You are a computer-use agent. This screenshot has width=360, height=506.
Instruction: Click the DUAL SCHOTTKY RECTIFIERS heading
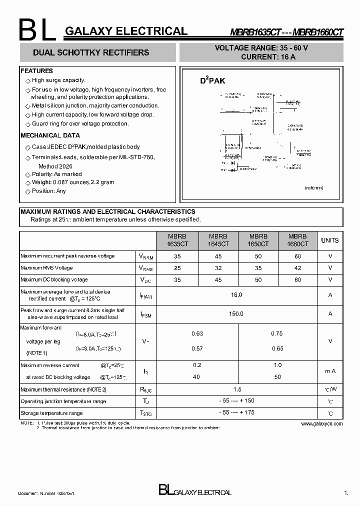[x=91, y=52]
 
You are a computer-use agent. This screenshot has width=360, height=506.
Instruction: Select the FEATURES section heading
[x=37, y=71]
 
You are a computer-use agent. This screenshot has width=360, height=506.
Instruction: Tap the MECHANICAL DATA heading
[x=50, y=135]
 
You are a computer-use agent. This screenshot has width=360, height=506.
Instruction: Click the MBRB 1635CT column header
[x=177, y=240]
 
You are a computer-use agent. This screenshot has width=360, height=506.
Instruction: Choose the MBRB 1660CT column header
[x=297, y=240]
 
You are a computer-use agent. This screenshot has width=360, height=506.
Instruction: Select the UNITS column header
[x=329, y=240]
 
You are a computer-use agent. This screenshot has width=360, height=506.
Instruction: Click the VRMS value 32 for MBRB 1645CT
[x=218, y=268]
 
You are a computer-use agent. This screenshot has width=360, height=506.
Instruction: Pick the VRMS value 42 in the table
[x=297, y=268]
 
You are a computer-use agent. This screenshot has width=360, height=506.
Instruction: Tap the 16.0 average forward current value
[x=236, y=295]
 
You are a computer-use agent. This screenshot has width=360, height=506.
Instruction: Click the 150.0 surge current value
[x=236, y=313]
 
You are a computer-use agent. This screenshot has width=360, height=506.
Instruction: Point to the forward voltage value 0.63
[x=197, y=333]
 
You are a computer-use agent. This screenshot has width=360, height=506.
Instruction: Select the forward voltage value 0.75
[x=277, y=333]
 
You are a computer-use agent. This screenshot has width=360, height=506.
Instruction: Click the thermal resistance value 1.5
[x=237, y=389]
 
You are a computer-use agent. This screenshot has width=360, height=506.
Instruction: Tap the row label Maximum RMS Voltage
[x=46, y=268]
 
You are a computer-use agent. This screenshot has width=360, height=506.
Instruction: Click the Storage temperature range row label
[x=51, y=413]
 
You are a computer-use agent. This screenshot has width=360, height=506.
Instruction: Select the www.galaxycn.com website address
[x=322, y=423]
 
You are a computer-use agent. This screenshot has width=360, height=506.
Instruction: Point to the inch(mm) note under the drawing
[x=314, y=187]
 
